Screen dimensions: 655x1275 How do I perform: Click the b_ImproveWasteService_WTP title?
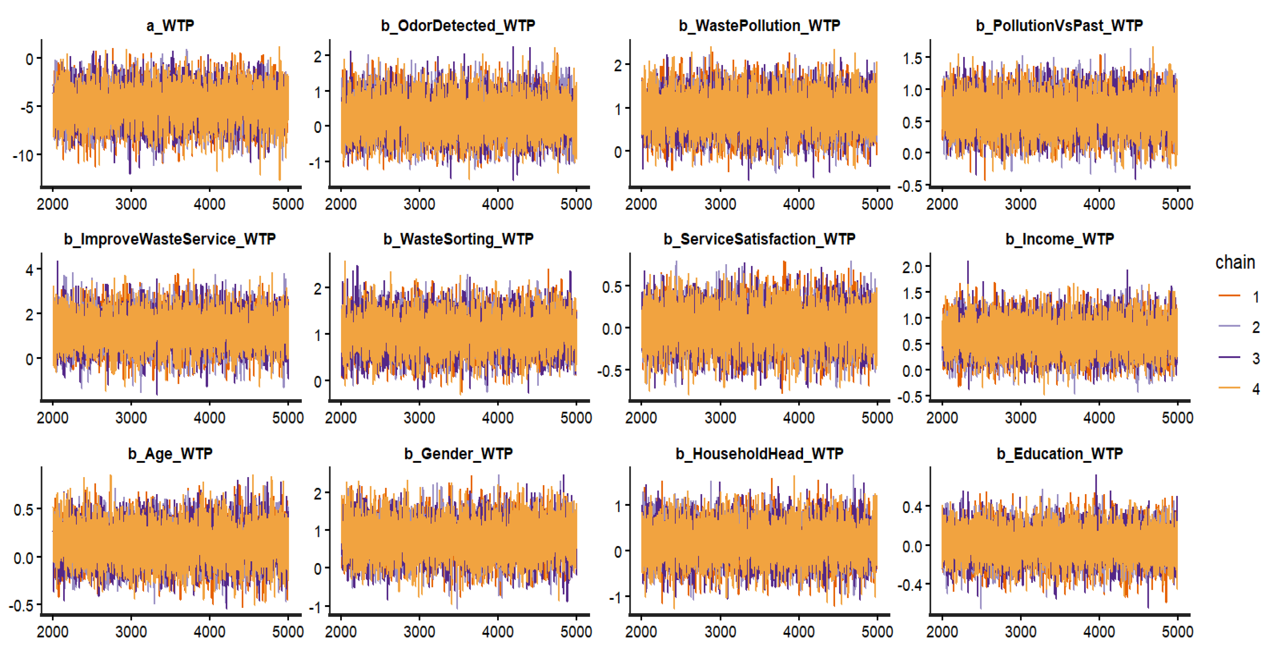click(x=170, y=239)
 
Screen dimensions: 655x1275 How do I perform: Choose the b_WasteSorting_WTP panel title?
click(x=458, y=239)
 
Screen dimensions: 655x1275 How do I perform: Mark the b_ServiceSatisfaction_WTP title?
click(x=759, y=239)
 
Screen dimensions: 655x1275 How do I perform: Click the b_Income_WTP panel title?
click(x=1059, y=239)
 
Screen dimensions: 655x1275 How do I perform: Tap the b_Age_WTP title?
click(x=170, y=454)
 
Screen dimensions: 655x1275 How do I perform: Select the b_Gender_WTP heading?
click(x=458, y=454)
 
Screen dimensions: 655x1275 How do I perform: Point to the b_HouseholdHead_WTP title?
click(x=759, y=454)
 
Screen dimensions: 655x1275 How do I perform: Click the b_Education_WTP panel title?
click(x=1059, y=454)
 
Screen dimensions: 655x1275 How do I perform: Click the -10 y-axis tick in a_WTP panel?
click(x=23, y=156)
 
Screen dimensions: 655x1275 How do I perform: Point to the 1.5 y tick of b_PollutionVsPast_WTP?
click(x=912, y=58)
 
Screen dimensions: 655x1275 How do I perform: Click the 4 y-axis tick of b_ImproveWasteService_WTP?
click(x=30, y=270)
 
